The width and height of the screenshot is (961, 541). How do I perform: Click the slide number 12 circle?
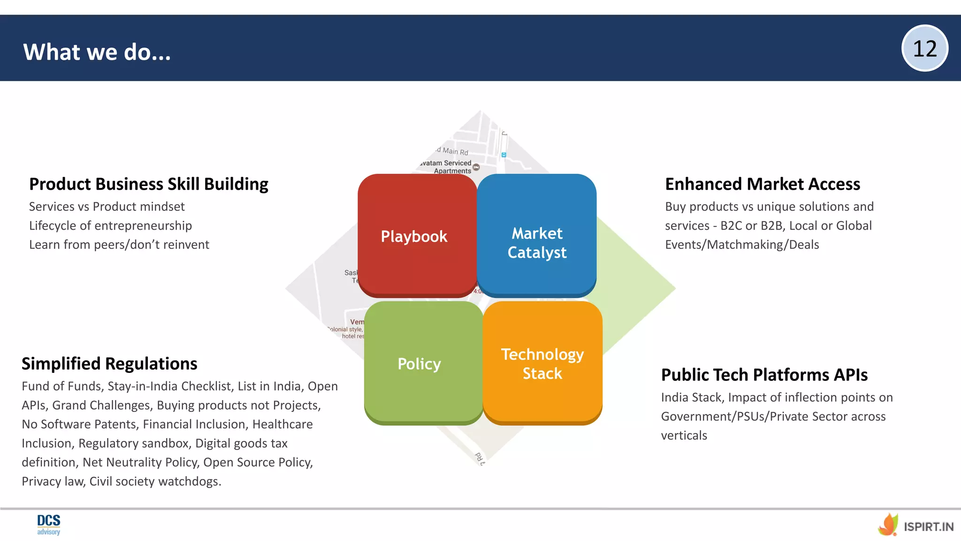point(924,48)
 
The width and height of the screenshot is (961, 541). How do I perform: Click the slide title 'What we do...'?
point(97,52)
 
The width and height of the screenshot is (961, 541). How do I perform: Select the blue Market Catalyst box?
point(537,235)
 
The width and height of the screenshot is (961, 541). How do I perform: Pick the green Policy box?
point(423,363)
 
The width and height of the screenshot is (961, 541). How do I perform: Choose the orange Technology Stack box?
point(542,363)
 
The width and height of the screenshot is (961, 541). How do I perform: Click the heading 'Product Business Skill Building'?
point(148,184)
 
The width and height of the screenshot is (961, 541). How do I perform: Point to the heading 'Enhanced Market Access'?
point(763,184)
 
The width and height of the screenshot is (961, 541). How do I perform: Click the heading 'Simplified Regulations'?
point(109,363)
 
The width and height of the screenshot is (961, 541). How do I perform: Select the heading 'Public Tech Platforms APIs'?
point(764,375)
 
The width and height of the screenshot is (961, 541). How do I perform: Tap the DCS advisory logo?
point(49,525)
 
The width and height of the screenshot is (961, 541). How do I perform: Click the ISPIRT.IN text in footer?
point(928,527)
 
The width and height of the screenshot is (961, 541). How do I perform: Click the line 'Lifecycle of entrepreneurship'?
point(110,225)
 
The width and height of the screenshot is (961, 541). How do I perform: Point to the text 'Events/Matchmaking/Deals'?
point(741,245)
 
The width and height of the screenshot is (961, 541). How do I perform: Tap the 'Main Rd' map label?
point(454,151)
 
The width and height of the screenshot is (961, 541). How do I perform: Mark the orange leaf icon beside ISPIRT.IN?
point(888,525)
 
